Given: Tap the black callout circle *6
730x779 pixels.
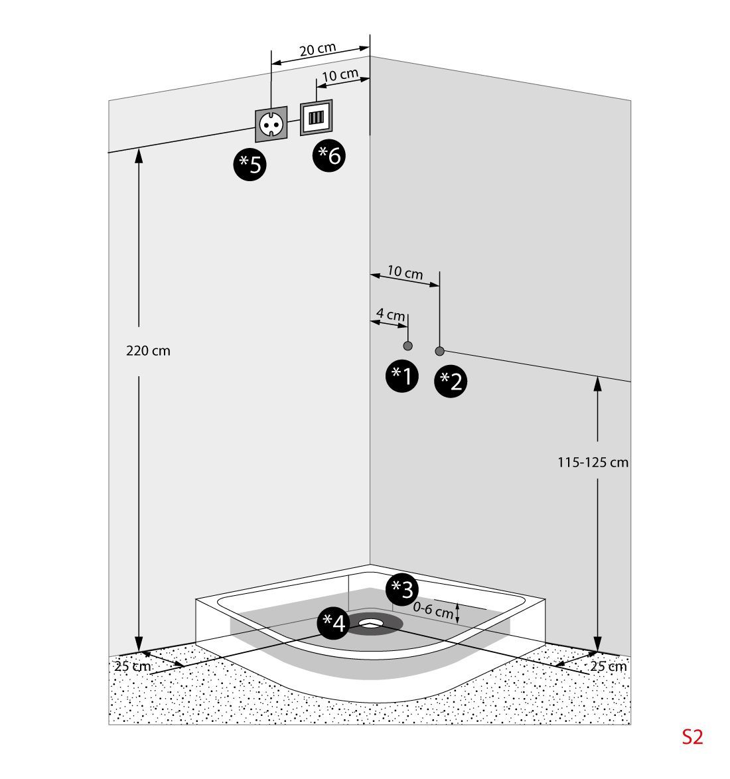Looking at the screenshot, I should (x=329, y=156).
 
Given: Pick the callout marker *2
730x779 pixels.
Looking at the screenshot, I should (x=451, y=382).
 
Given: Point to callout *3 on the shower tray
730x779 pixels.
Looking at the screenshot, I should (x=402, y=588).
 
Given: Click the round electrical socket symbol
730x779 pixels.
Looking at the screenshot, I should (x=271, y=123).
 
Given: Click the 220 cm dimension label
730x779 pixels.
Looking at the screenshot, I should (x=148, y=351).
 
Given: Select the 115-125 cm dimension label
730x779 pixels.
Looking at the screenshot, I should (x=593, y=462).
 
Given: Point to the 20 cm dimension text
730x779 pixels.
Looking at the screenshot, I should (x=317, y=50).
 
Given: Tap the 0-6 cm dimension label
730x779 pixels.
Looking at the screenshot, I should (x=433, y=610).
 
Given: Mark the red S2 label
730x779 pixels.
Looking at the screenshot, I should (x=692, y=737).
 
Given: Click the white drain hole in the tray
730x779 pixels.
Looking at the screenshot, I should (x=372, y=623).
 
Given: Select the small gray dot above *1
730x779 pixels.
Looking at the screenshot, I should (x=407, y=346).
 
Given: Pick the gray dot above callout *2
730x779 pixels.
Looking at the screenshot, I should (x=439, y=351).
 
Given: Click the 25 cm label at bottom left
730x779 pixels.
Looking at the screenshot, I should (x=133, y=666).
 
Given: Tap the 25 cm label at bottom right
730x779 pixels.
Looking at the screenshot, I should (x=608, y=666).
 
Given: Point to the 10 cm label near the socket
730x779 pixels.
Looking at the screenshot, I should (x=340, y=75).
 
